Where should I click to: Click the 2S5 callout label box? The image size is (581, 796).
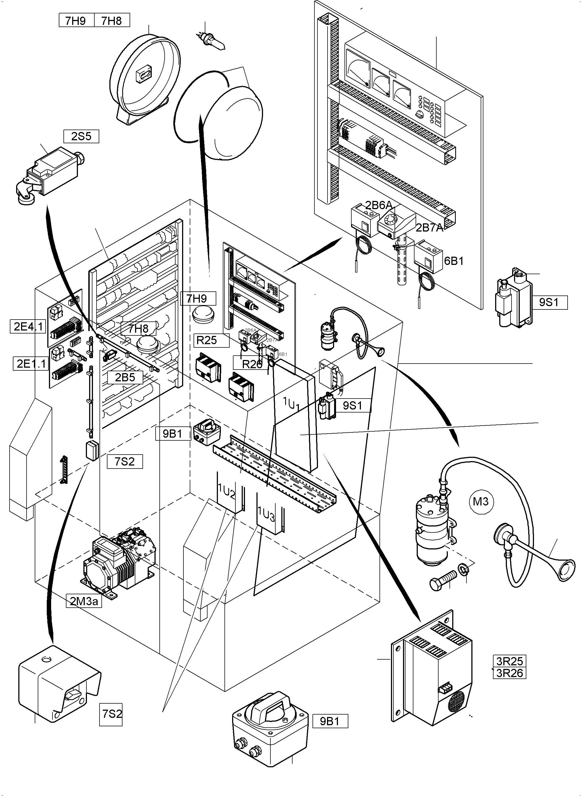pos(81,136)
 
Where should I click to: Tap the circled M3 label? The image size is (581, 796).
pos(481,501)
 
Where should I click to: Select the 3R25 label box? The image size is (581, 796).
pos(510,661)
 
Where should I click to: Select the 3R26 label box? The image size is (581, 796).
pos(510,673)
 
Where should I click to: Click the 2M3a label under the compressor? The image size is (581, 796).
pos(84,601)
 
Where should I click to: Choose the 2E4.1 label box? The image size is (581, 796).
pos(28,327)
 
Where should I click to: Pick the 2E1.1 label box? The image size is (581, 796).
pos(31,363)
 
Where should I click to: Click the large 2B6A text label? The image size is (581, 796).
pos(378,205)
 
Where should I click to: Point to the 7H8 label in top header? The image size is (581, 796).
pos(112,21)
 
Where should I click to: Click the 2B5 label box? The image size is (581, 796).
pos(125,377)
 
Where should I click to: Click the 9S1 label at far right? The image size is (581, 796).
pos(549,302)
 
